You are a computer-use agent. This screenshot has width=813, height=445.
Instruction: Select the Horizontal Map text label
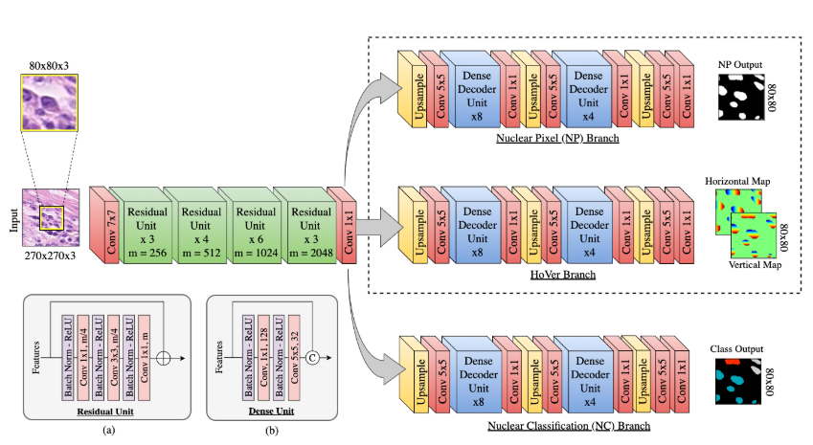737,181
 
